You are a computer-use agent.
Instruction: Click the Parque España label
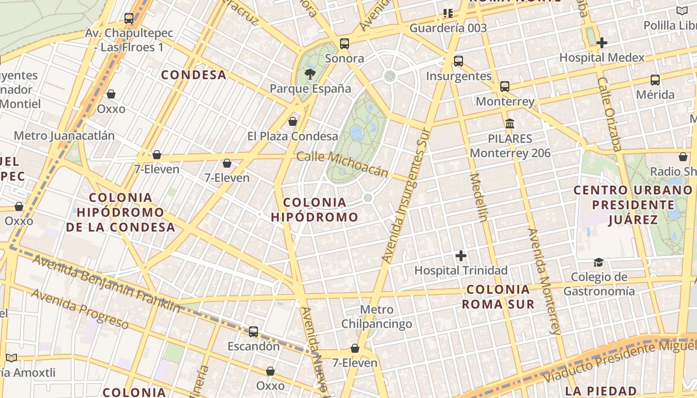(310, 89)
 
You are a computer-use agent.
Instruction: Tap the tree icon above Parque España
(310, 75)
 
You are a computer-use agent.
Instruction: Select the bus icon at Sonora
(345, 43)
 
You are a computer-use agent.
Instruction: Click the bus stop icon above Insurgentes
(459, 61)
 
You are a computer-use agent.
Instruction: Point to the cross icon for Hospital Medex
(602, 43)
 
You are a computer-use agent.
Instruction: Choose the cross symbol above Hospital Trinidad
(461, 256)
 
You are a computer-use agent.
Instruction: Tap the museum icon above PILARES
(510, 123)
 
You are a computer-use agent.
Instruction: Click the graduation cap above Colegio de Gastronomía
(598, 262)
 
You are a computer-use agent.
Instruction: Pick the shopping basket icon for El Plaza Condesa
(293, 121)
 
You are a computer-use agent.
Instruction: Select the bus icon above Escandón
(253, 331)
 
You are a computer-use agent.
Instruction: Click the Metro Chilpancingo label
(376, 317)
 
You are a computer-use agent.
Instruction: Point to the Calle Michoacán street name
(342, 164)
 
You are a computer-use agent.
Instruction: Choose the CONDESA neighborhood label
(194, 75)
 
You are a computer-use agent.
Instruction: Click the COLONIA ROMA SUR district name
(498, 297)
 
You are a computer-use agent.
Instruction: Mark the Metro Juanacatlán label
(64, 136)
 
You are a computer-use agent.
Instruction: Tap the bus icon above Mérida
(655, 80)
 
